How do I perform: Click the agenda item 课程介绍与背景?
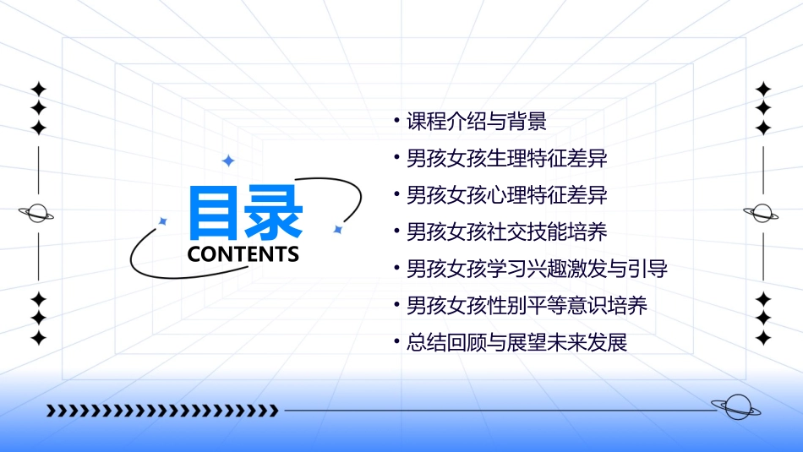(x=477, y=122)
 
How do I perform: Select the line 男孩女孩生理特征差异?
(x=506, y=159)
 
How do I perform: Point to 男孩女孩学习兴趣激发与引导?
(x=537, y=270)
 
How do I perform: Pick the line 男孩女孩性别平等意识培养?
(x=527, y=306)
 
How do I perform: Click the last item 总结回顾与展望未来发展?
(x=516, y=343)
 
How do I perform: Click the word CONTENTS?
(x=243, y=253)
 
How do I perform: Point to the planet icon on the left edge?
(x=37, y=213)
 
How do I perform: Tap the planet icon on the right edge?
(x=763, y=213)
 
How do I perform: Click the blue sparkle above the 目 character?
(x=227, y=161)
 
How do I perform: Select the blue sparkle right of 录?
(x=337, y=229)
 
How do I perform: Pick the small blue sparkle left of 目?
(x=163, y=221)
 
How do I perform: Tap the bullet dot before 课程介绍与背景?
(x=396, y=120)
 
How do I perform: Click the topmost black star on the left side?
(x=37, y=89)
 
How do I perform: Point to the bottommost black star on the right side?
(x=763, y=338)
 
